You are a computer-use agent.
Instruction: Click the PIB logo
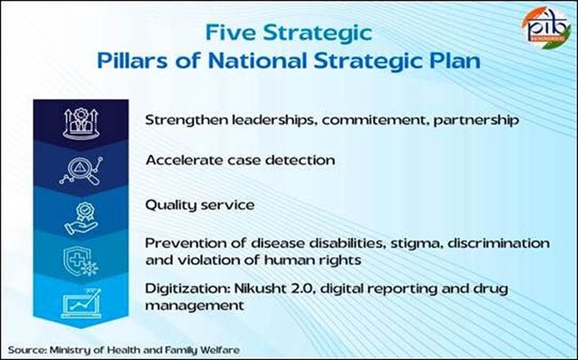click(546, 28)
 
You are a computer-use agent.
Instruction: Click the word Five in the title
click(231, 32)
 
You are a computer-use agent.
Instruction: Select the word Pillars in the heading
click(132, 61)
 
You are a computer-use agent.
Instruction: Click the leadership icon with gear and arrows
click(81, 124)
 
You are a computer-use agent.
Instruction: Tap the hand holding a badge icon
click(81, 218)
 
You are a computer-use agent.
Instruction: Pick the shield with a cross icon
click(81, 261)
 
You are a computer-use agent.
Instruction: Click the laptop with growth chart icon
click(81, 304)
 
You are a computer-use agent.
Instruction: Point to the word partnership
click(477, 120)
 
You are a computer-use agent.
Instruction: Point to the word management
click(194, 306)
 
